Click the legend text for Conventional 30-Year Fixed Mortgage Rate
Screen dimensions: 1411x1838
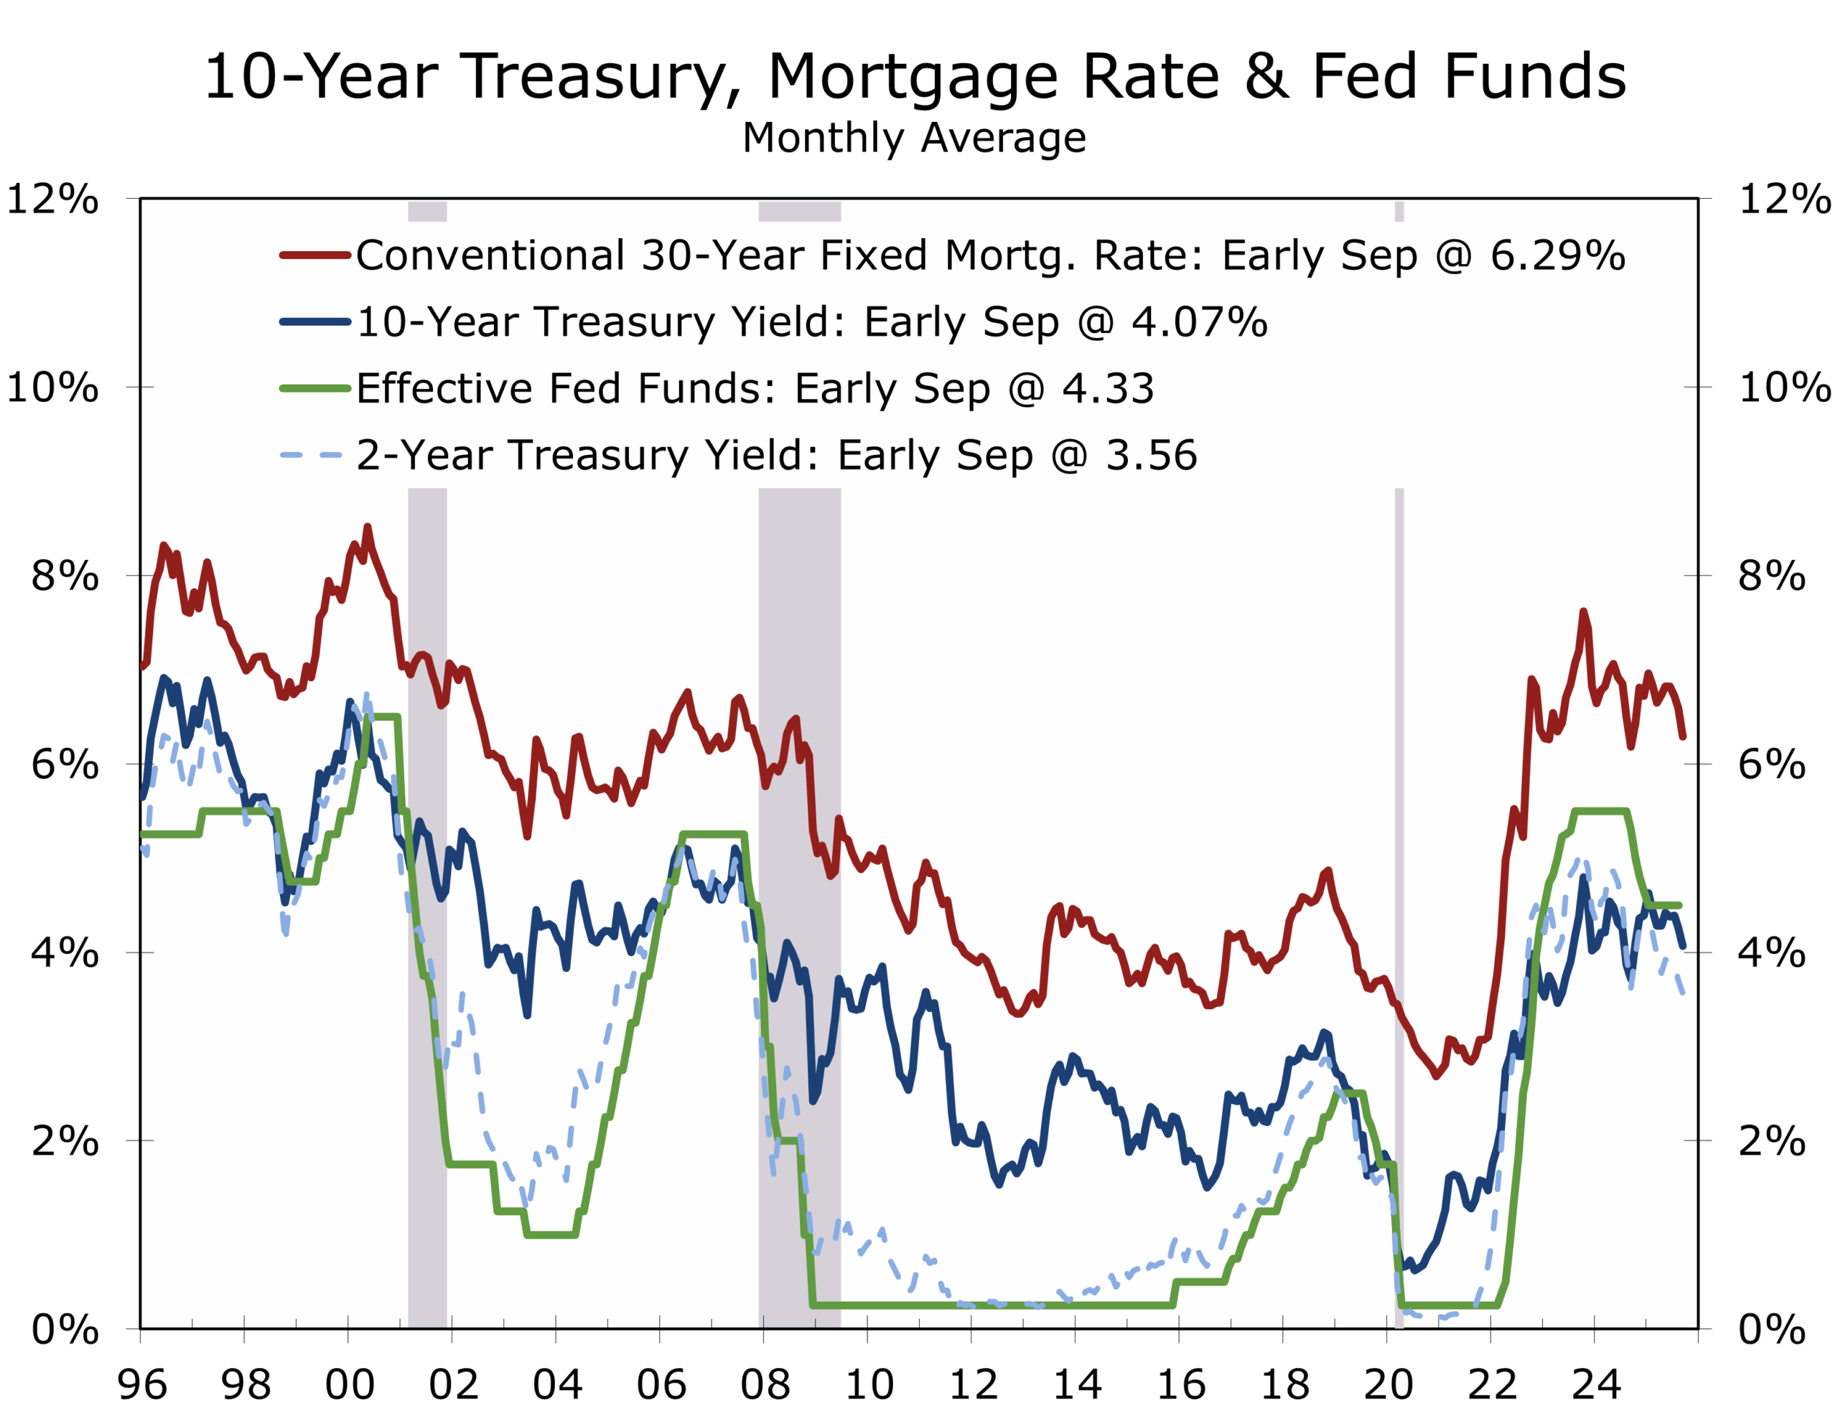[x=989, y=256]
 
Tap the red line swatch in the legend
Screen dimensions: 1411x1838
[x=315, y=256]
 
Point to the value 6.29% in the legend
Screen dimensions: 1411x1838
[x=1557, y=256]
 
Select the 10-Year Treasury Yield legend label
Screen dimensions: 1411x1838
[x=811, y=322]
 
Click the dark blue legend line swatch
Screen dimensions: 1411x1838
[x=315, y=322]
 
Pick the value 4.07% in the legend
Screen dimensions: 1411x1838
[x=1199, y=322]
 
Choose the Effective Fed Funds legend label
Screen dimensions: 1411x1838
[x=755, y=388]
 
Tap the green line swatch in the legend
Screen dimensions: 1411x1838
[x=315, y=388]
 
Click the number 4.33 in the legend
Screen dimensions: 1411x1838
[x=1108, y=388]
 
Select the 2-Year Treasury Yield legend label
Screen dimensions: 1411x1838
[x=776, y=455]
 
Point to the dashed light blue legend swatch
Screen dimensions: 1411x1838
[x=312, y=455]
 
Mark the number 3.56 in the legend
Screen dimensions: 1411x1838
[x=1151, y=455]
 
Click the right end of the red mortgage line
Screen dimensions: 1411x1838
[x=1683, y=736]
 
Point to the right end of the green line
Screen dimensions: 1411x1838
[x=1679, y=906]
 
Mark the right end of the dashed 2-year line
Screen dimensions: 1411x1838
[x=1683, y=993]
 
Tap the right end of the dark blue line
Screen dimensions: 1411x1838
[x=1683, y=947]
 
